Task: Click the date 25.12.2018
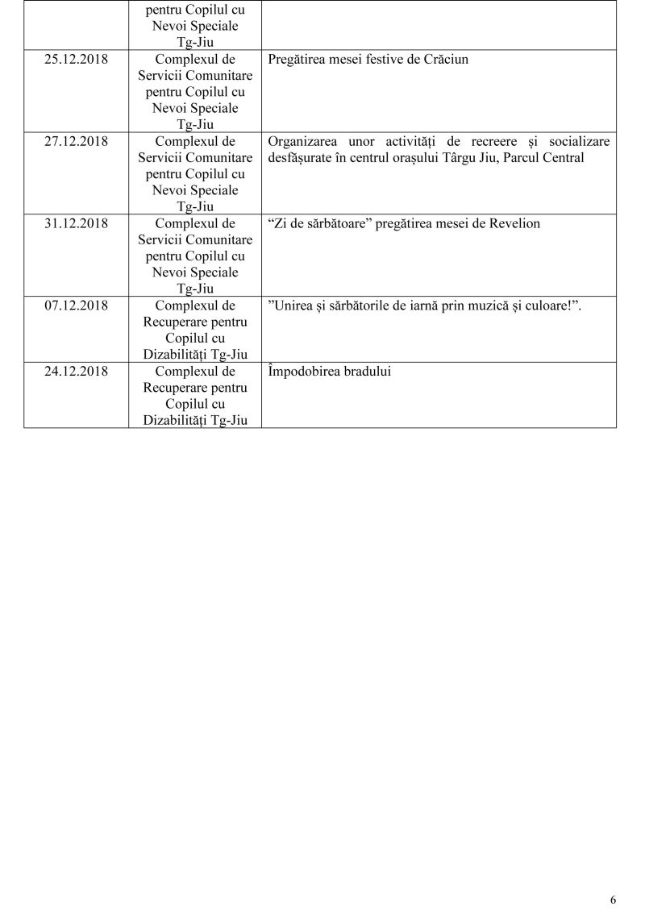(x=76, y=60)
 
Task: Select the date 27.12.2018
(x=76, y=142)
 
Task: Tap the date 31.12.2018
(x=76, y=224)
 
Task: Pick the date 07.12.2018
(x=76, y=306)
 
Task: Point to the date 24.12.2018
(x=76, y=372)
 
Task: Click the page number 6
(x=614, y=900)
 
